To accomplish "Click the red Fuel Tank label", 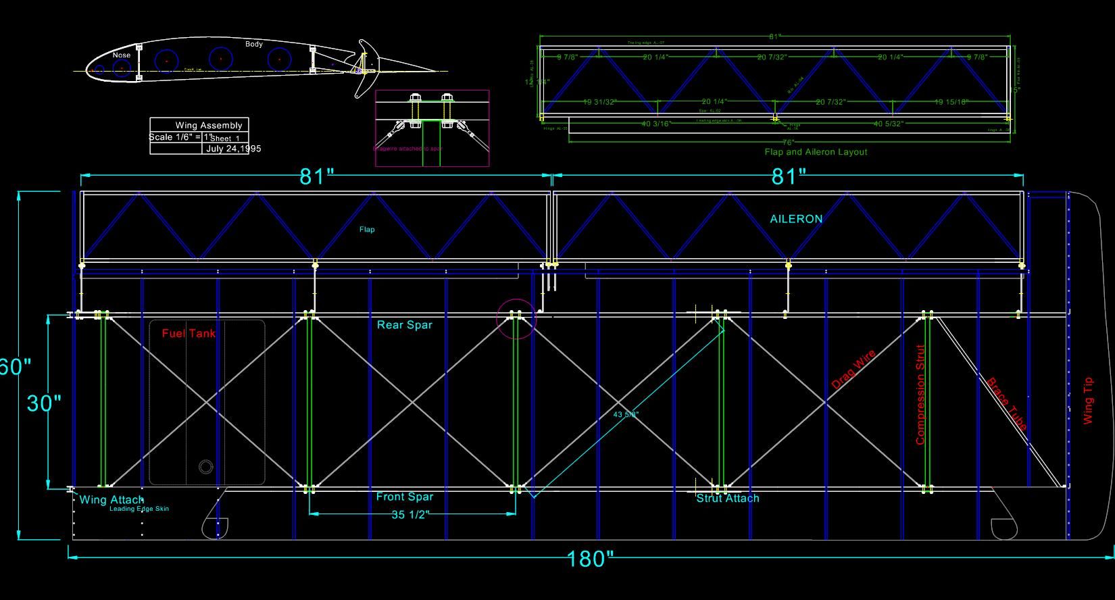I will (x=189, y=333).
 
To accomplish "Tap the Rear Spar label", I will (x=404, y=325).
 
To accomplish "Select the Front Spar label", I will (x=405, y=497).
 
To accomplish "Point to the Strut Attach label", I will (x=728, y=499).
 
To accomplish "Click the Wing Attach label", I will (x=111, y=500).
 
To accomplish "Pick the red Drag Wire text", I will (x=853, y=370).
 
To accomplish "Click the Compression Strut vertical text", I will (x=920, y=395).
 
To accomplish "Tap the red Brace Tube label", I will (x=1007, y=404).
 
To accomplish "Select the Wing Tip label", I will (x=1087, y=401).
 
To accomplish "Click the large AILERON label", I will (x=796, y=219).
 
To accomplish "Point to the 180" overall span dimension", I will (x=590, y=559).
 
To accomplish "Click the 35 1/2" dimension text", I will (x=410, y=515).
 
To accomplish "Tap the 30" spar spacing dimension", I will (x=44, y=403).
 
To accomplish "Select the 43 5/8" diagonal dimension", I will (x=626, y=414).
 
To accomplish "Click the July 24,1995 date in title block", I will (x=233, y=149).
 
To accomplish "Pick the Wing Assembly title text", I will (x=208, y=125).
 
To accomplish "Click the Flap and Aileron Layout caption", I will (x=816, y=152).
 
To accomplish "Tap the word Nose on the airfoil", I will (x=122, y=55).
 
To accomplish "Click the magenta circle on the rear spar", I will (x=516, y=318).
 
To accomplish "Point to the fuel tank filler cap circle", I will (x=205, y=466).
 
